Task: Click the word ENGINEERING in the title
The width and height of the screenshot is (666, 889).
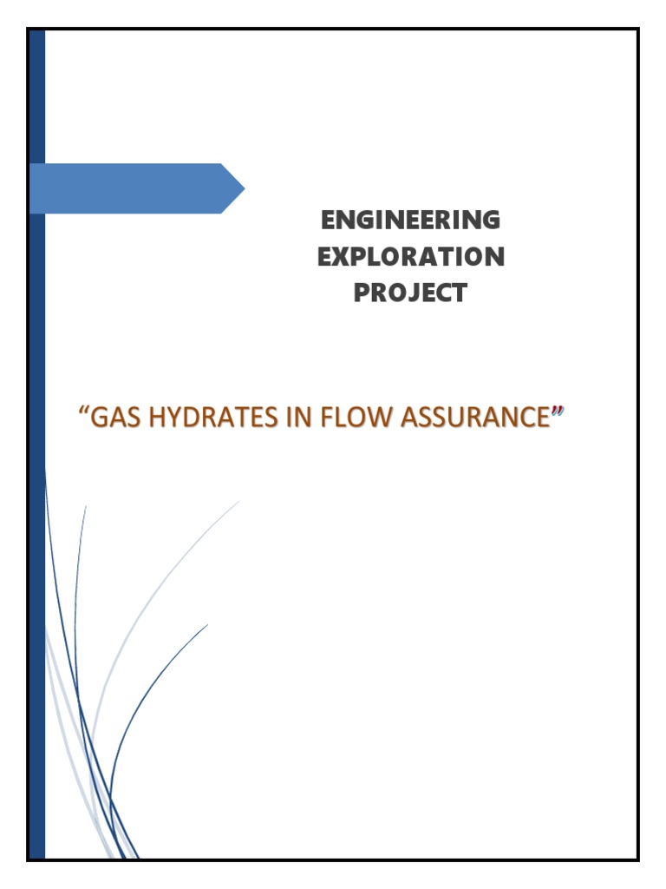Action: (x=410, y=221)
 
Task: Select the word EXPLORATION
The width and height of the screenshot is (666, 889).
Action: (x=410, y=257)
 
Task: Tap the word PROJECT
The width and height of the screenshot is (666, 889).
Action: (x=410, y=293)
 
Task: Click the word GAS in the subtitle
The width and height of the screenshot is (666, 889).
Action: (x=112, y=418)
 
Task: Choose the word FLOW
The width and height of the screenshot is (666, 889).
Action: (x=335, y=418)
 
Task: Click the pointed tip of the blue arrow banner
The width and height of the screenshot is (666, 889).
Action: (x=243, y=188)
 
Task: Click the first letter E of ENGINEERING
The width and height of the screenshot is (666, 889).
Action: (x=328, y=221)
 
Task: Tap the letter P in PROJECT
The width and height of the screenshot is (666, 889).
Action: (x=362, y=293)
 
